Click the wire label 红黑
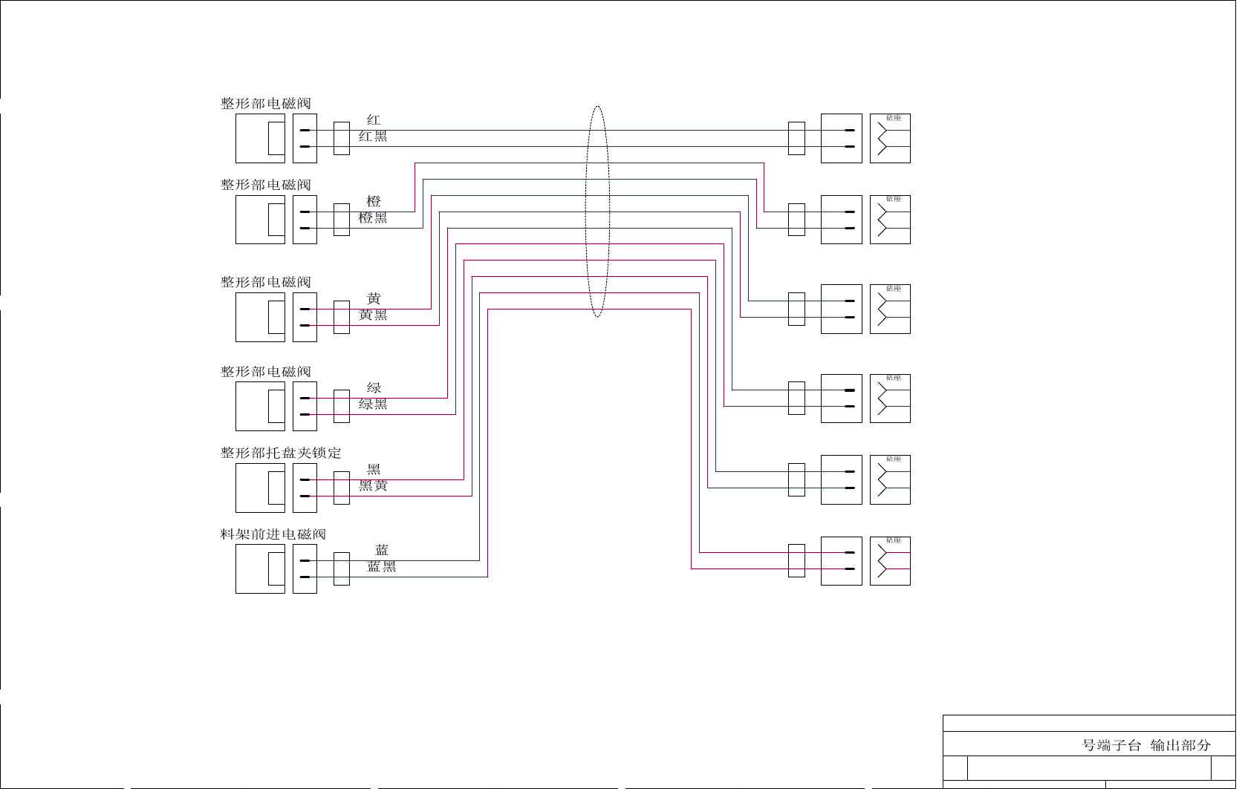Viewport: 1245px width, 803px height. pyautogui.click(x=373, y=137)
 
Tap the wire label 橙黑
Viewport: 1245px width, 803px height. pyautogui.click(x=373, y=218)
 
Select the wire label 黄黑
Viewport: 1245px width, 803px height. pyautogui.click(x=373, y=315)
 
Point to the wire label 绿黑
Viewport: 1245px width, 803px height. pyautogui.click(x=373, y=404)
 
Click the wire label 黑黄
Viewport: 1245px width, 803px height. pyautogui.click(x=373, y=486)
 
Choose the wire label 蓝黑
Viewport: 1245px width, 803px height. pyautogui.click(x=382, y=567)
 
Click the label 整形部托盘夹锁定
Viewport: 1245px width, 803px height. pyautogui.click(x=281, y=453)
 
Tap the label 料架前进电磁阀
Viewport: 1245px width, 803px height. pyautogui.click(x=273, y=534)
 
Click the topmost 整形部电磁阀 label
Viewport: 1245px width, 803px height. pyautogui.click(x=266, y=104)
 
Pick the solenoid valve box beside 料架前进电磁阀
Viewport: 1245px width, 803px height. pyautogui.click(x=260, y=569)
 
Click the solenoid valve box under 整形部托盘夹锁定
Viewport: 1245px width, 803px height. pyautogui.click(x=260, y=488)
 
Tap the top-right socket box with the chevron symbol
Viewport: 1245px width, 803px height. pyautogui.click(x=890, y=139)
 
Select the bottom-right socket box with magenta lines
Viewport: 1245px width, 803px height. pyautogui.click(x=890, y=561)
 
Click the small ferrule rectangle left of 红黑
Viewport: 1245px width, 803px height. pyautogui.click(x=342, y=139)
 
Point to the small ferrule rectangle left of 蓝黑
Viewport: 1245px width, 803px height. pyautogui.click(x=342, y=569)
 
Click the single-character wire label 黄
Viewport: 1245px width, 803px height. pyautogui.click(x=374, y=299)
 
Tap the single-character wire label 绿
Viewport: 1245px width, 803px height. pyautogui.click(x=374, y=388)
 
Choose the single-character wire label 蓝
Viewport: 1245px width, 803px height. pyautogui.click(x=382, y=551)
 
